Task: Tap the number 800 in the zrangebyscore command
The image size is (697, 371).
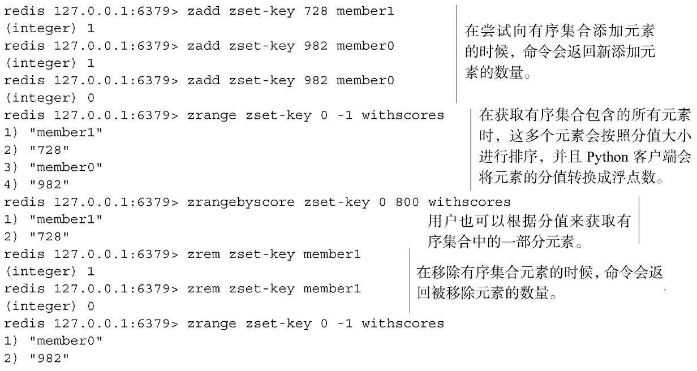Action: [x=407, y=202]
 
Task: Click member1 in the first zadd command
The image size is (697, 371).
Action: [x=365, y=11]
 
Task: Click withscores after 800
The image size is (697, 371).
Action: [x=469, y=202]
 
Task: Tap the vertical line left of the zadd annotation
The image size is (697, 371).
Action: [x=457, y=54]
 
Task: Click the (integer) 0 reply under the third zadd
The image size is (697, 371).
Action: [x=50, y=98]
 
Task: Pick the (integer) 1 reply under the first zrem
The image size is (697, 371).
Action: [x=50, y=271]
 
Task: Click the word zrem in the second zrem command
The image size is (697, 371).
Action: [x=204, y=289]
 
